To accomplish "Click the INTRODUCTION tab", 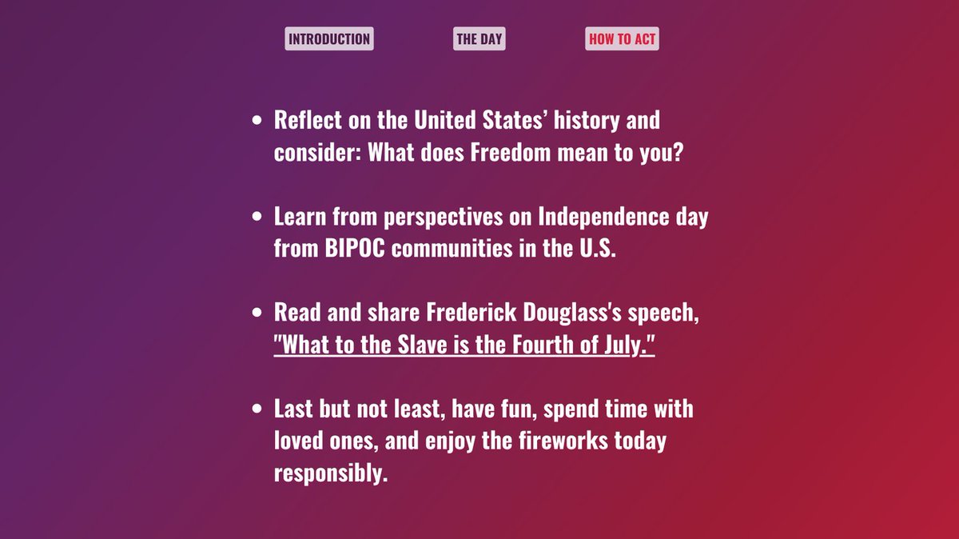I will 328,39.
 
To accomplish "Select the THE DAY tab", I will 479,39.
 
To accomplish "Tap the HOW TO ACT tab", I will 622,39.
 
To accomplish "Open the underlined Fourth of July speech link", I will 464,345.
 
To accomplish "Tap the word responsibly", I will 331,473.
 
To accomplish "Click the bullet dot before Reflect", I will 257,121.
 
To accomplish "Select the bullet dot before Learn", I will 257,217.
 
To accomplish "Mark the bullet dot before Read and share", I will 257,313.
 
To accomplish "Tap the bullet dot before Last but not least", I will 257,409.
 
